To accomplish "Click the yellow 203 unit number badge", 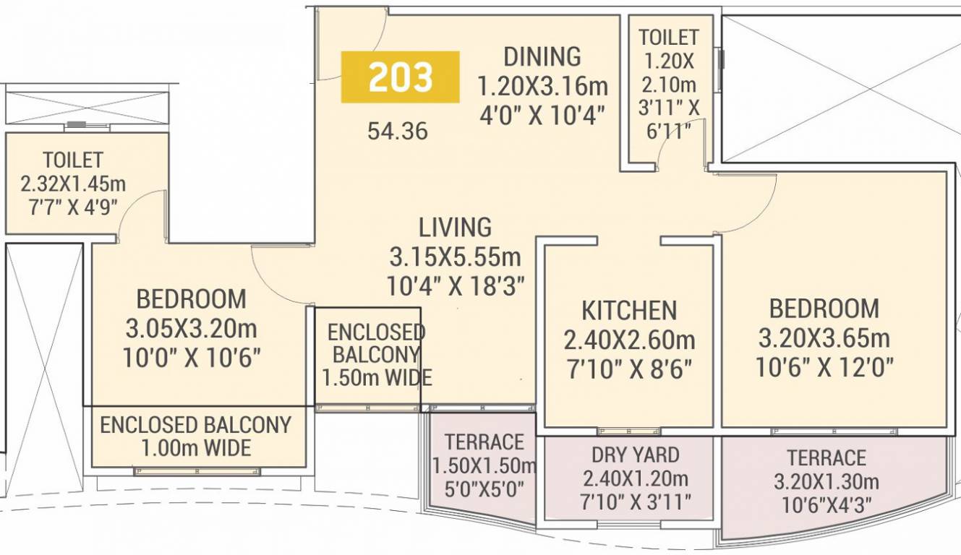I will pos(401,77).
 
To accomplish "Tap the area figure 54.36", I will pos(398,132).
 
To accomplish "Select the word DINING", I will pos(542,56).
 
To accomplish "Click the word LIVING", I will pos(455,228).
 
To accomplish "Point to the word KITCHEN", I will pos(629,311).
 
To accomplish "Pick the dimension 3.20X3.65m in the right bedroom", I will pos(824,338).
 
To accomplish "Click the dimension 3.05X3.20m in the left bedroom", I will pos(191,329).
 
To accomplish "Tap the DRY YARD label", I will pos(635,455).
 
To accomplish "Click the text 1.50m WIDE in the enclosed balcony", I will pos(377,378).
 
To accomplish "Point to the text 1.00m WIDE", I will pos(196,448).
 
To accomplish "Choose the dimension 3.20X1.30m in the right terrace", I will pos(827,481).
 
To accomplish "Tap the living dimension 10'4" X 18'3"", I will pos(455,286).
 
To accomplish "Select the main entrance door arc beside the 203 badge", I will pos(362,36).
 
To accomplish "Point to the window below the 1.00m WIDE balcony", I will pos(197,472).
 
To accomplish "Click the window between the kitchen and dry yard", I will pos(629,431).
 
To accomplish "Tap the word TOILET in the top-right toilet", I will pos(668,38).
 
